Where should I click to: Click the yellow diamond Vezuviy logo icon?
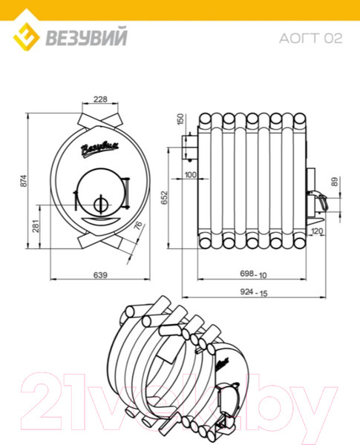(x=26, y=36)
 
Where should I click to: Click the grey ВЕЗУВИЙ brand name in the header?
(x=86, y=37)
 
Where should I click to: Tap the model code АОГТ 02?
(x=310, y=39)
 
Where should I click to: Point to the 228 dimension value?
(x=100, y=99)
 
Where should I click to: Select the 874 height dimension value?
(x=24, y=180)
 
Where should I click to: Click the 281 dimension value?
(x=36, y=226)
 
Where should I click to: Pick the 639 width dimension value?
(x=100, y=275)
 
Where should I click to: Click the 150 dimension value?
(x=180, y=119)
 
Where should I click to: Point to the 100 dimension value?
(x=190, y=174)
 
